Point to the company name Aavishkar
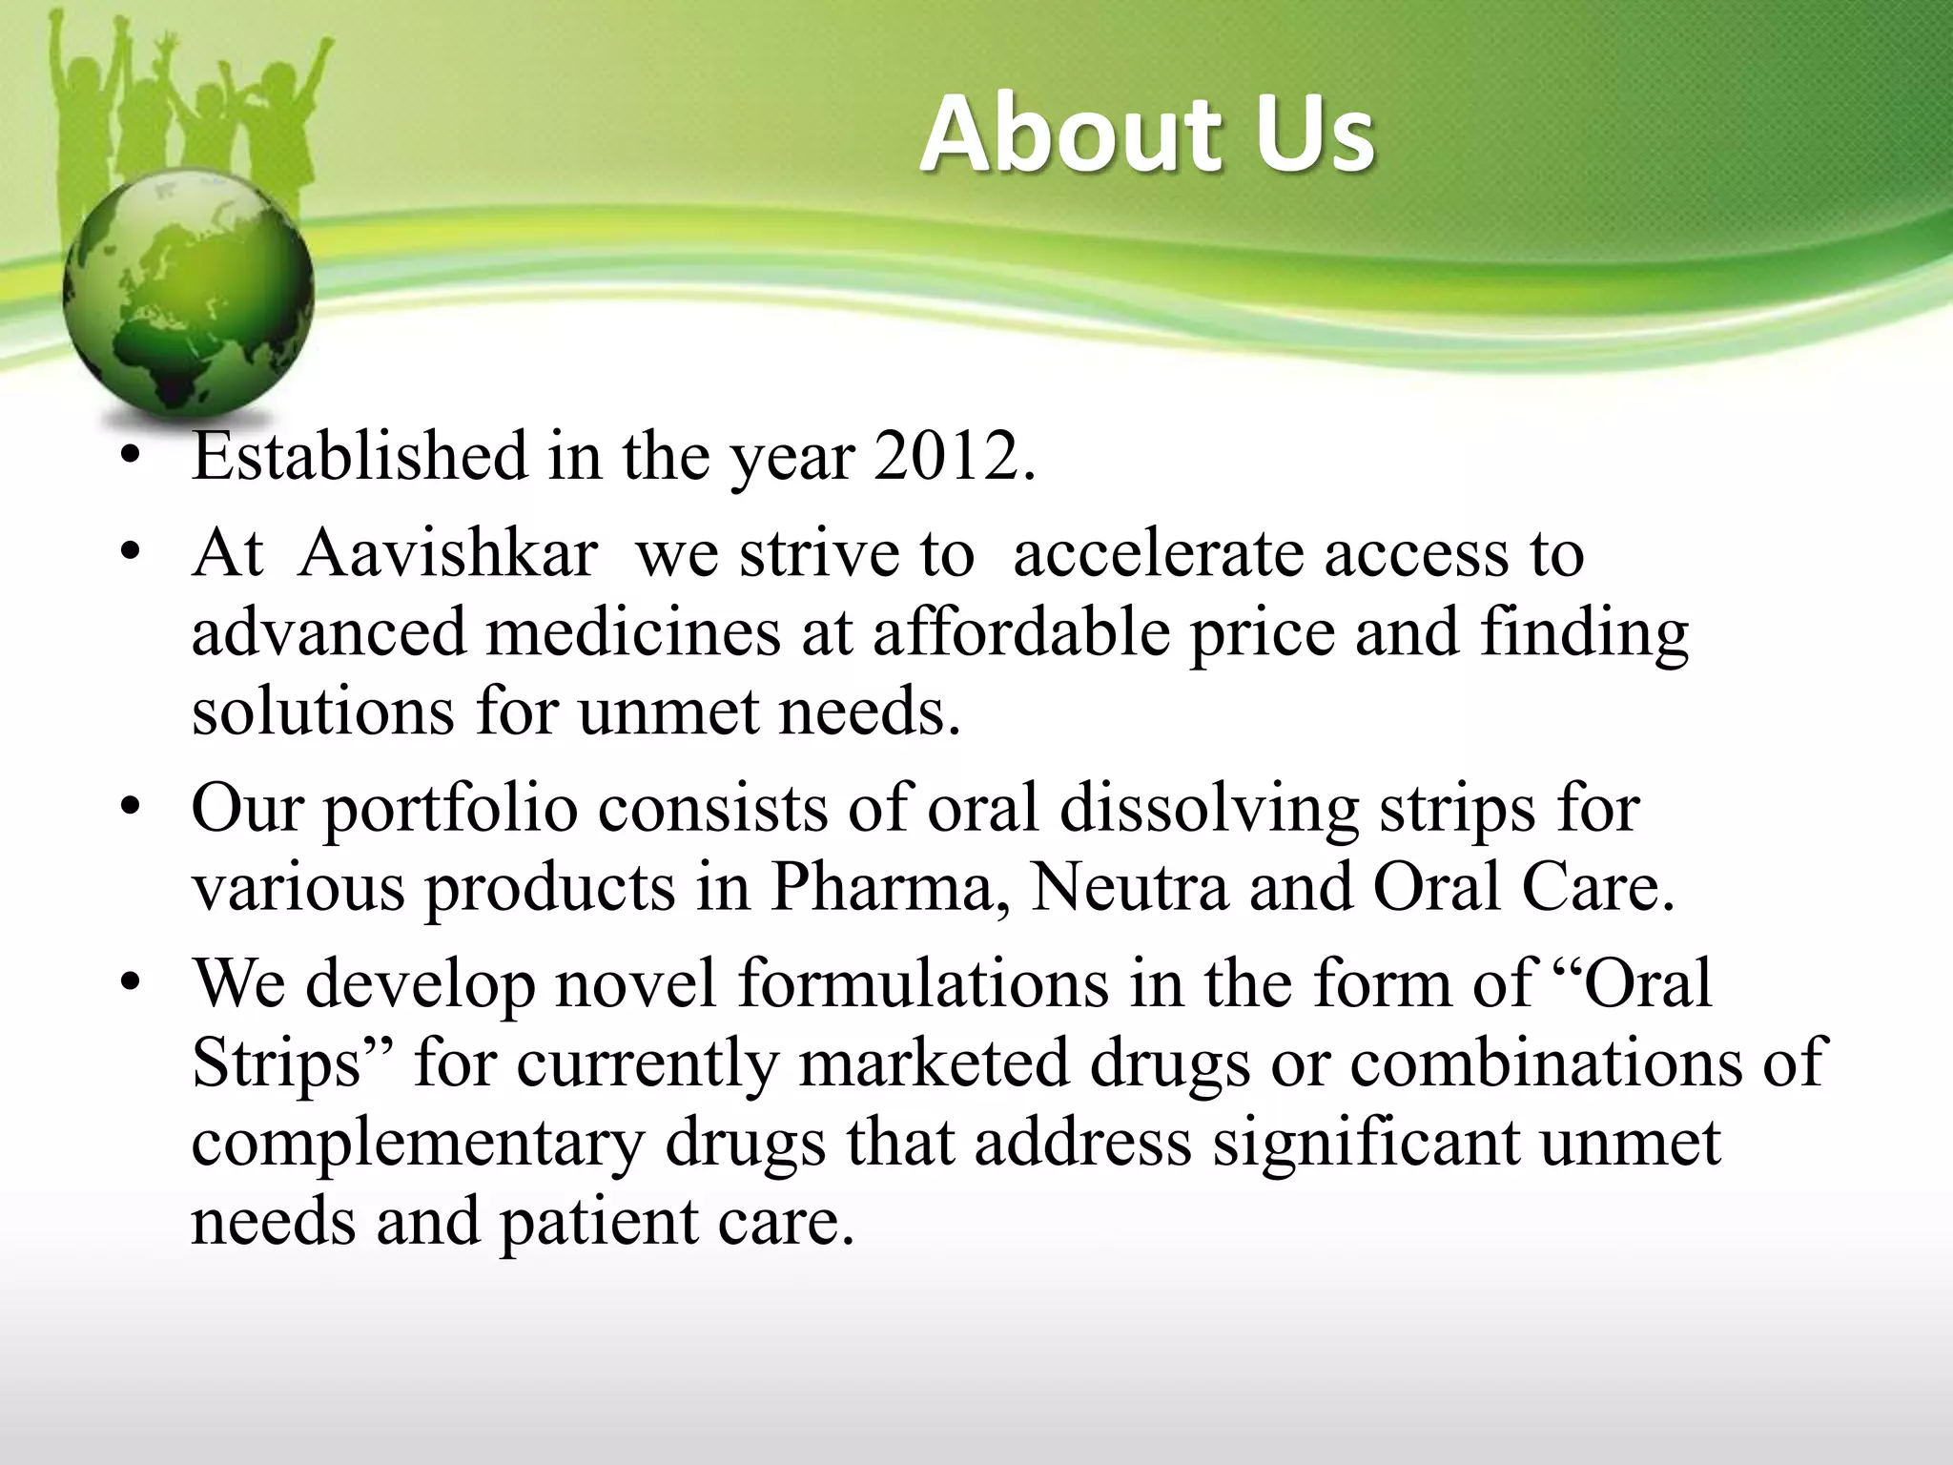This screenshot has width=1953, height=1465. coord(447,553)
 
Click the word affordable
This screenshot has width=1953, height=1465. coord(1020,632)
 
